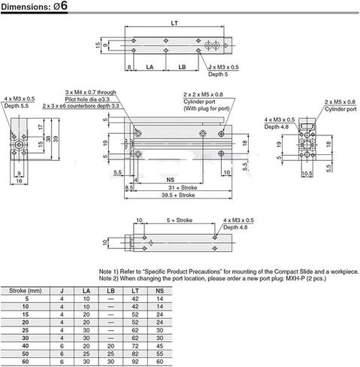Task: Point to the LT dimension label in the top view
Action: click(175, 23)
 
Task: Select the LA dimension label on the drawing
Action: click(149, 68)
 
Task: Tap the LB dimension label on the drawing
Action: click(183, 68)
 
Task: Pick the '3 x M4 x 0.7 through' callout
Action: click(90, 92)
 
